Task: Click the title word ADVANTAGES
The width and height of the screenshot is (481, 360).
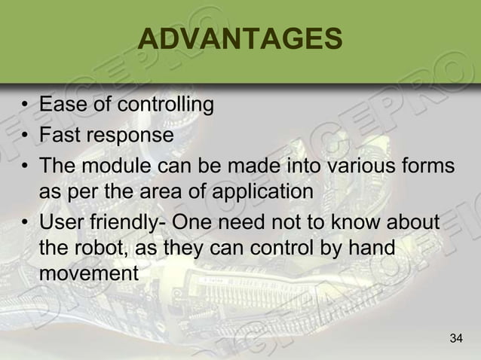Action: (x=240, y=40)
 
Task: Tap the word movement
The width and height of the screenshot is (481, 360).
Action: (x=89, y=275)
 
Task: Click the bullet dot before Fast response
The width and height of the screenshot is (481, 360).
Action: (x=26, y=136)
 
